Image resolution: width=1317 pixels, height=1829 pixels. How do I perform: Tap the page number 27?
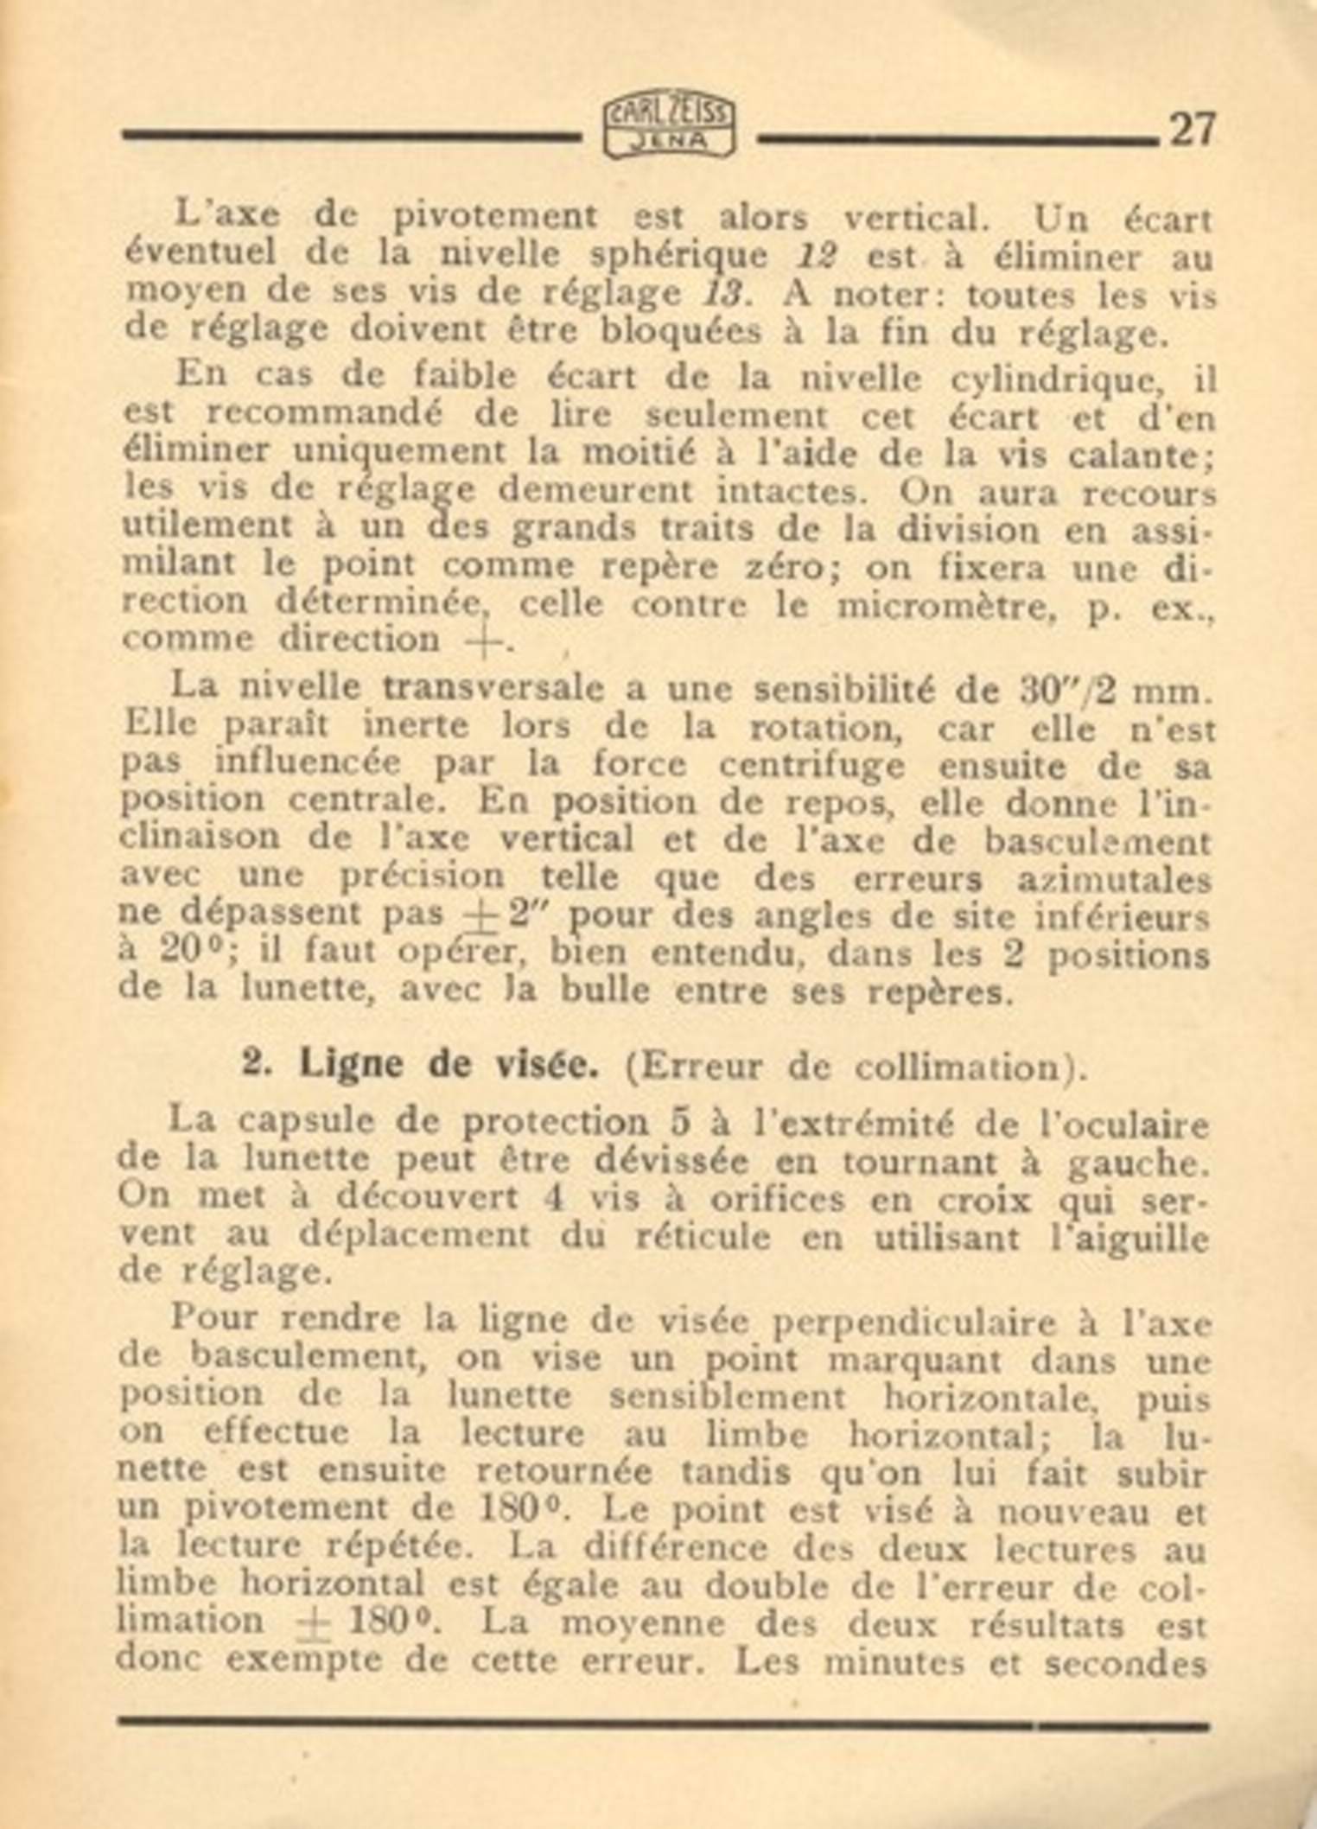click(1192, 131)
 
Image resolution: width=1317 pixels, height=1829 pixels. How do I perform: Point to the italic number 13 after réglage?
click(723, 295)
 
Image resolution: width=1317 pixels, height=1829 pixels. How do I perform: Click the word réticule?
click(702, 1238)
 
